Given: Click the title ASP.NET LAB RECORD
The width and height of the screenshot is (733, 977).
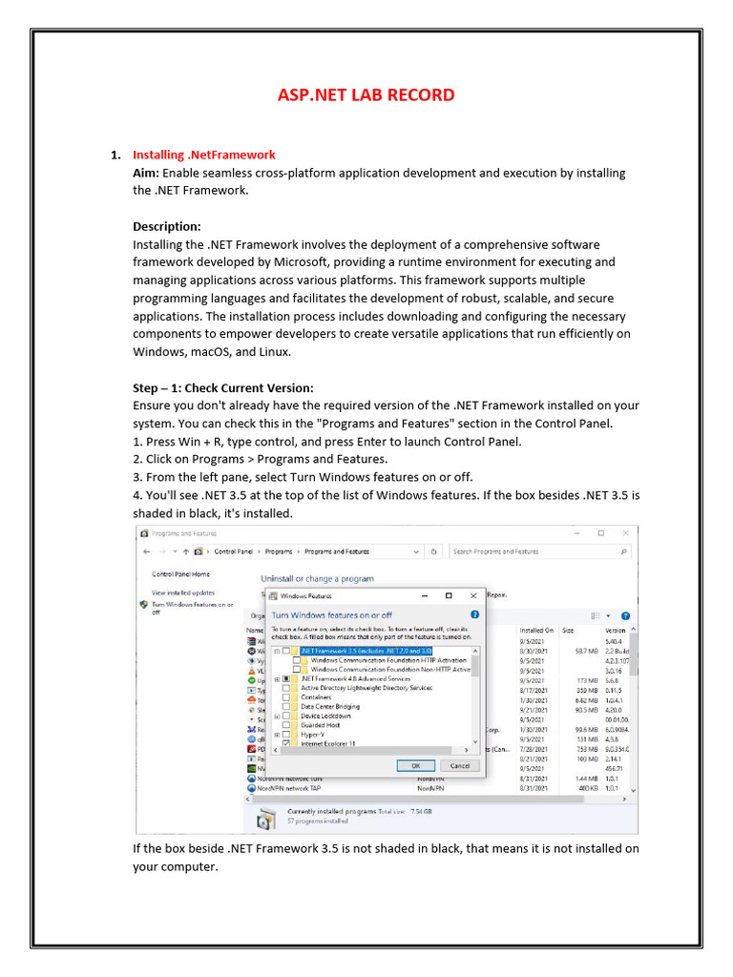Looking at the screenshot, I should (366, 94).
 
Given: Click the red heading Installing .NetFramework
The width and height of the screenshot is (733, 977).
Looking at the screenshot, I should (203, 155).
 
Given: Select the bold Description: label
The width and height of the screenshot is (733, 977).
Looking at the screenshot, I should (167, 226).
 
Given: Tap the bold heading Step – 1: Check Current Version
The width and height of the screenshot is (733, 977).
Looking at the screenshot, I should (222, 388).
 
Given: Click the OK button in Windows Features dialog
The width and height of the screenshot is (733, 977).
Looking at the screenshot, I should (416, 765).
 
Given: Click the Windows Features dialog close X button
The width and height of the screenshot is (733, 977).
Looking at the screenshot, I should (474, 594).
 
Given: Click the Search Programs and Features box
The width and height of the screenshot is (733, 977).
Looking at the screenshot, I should (539, 551).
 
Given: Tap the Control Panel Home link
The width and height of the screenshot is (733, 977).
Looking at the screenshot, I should (180, 574).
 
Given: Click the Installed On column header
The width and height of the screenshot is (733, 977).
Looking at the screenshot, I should (536, 631).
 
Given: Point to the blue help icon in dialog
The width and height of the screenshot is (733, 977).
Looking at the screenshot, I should (474, 614).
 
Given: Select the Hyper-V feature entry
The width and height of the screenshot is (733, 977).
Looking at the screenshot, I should (312, 735).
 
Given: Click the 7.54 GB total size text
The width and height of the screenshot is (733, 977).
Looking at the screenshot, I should (421, 811).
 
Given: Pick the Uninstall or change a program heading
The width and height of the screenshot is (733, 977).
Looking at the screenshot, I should (317, 578).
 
